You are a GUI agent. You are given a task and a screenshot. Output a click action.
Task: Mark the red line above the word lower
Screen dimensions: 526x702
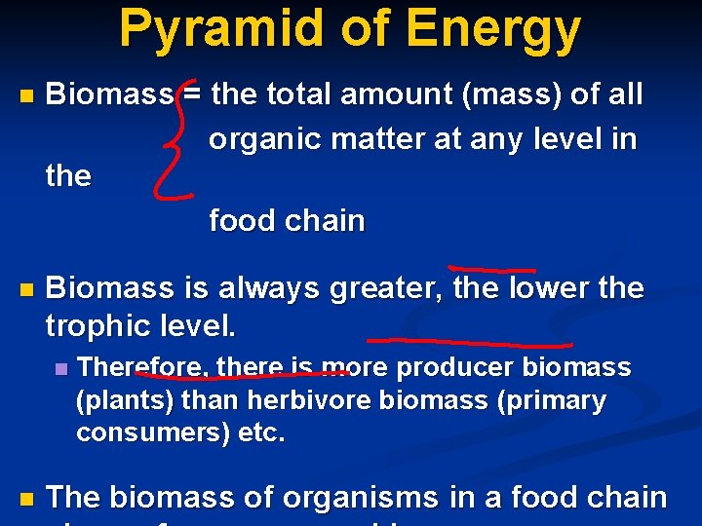pyautogui.click(x=491, y=268)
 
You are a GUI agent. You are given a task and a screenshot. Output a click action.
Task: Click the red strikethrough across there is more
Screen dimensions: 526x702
pyautogui.click(x=244, y=369)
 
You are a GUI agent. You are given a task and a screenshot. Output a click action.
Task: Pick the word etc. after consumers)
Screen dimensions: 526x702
pyautogui.click(x=262, y=432)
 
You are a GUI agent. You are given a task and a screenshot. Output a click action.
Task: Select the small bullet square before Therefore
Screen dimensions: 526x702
pyautogui.click(x=61, y=369)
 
